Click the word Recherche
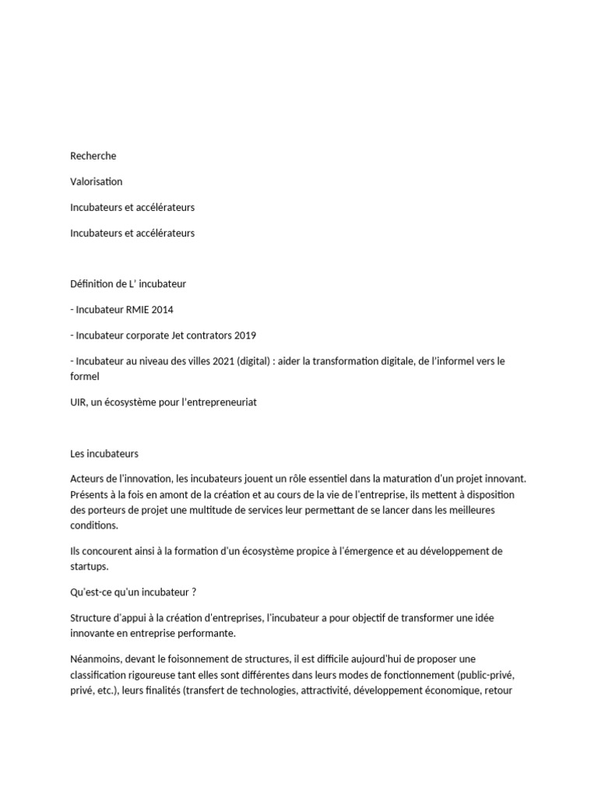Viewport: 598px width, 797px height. point(93,156)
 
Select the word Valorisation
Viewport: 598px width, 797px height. point(96,181)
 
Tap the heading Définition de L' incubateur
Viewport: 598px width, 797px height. point(128,284)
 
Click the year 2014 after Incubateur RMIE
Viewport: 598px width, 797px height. point(163,310)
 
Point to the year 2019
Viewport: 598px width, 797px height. point(244,335)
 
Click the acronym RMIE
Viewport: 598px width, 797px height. point(135,310)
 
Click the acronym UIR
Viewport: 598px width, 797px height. point(79,402)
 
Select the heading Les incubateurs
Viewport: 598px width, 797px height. point(104,453)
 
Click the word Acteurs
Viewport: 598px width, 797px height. point(86,479)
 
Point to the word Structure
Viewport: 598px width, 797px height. point(91,617)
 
